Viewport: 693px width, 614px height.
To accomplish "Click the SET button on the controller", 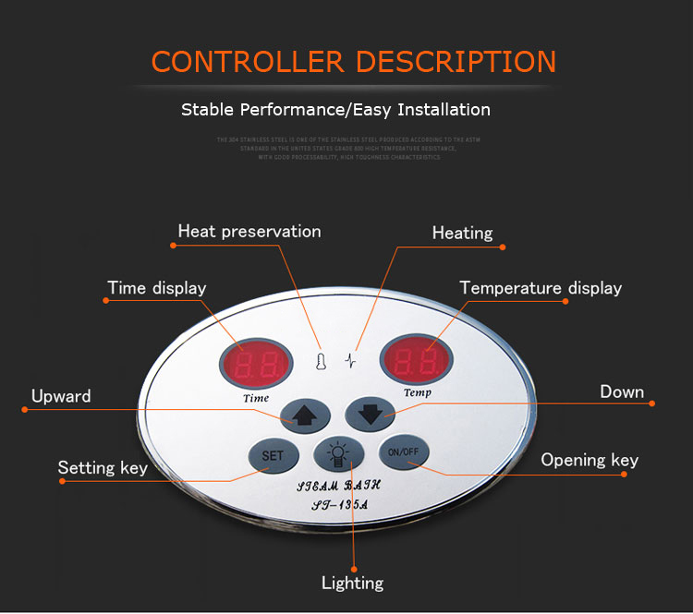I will (x=273, y=455).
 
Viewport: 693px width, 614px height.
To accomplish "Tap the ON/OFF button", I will (x=403, y=451).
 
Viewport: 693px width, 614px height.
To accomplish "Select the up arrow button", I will (x=306, y=413).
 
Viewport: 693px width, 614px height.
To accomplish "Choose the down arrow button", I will (x=371, y=412).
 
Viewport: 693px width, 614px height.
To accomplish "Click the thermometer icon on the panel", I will (x=320, y=359).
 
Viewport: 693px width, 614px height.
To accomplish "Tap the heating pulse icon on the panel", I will (x=350, y=359).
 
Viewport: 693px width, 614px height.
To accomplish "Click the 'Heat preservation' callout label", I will (x=249, y=232).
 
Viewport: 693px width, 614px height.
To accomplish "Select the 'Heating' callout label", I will (x=462, y=234).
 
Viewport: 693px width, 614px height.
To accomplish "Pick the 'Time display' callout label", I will (x=157, y=288).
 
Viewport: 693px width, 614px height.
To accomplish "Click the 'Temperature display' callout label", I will (x=541, y=289).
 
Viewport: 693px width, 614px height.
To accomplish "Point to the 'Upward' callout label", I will (x=61, y=397).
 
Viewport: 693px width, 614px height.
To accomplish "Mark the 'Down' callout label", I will (x=622, y=392).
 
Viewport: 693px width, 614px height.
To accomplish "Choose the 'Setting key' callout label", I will (x=103, y=468).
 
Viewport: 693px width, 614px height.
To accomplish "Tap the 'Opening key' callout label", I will (x=590, y=461).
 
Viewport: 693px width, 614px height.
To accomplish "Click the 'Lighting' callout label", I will (x=352, y=583).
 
